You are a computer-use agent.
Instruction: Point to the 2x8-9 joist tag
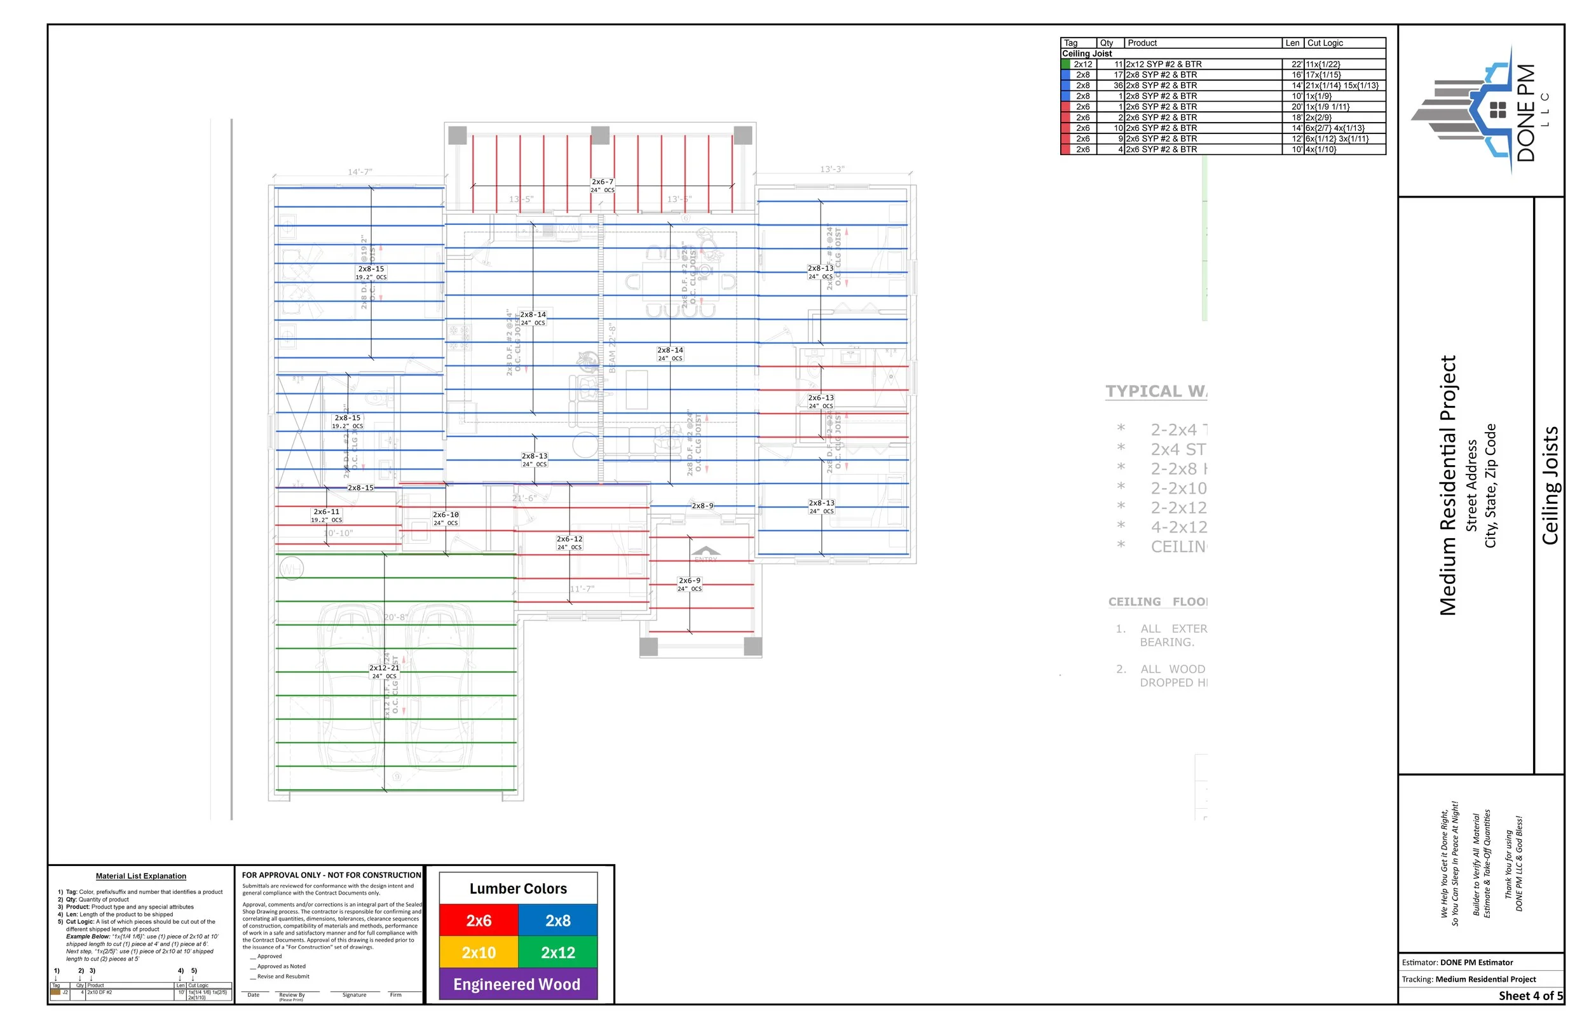click(x=702, y=506)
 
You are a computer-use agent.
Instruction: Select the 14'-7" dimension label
click(x=360, y=172)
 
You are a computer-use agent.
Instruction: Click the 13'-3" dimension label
click(x=832, y=170)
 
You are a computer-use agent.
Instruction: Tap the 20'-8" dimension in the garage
click(x=396, y=618)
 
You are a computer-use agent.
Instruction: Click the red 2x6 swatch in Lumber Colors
click(x=479, y=921)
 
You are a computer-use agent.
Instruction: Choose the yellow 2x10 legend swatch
click(x=479, y=952)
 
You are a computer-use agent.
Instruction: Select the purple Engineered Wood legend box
click(x=517, y=984)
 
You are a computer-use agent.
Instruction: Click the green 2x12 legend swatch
click(x=557, y=952)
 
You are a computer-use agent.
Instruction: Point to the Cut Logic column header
click(x=1325, y=43)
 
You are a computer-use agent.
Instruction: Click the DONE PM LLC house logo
click(x=1479, y=110)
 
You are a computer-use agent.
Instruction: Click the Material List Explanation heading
click(x=141, y=877)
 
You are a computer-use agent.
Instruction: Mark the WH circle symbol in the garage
click(x=291, y=569)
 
